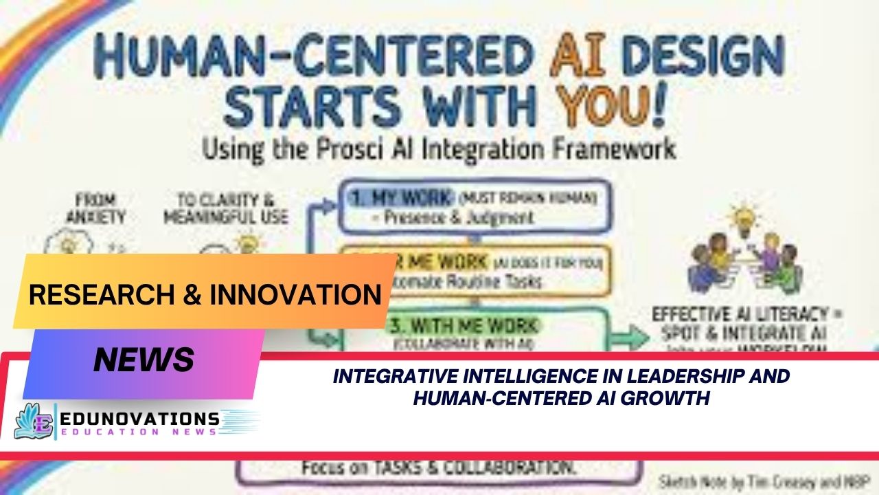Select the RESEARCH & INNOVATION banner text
coord(205,294)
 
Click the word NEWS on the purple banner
coord(144,360)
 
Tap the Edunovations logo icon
coord(34,421)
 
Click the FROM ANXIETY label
coord(96,209)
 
